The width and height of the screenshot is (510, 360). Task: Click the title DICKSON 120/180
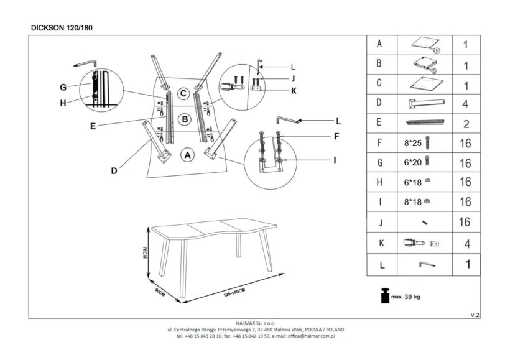click(62, 27)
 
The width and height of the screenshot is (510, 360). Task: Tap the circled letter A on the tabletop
click(187, 154)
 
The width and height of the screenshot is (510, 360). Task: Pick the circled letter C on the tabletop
click(183, 94)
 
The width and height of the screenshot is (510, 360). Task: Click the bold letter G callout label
click(63, 86)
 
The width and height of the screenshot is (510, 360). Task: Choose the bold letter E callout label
click(92, 126)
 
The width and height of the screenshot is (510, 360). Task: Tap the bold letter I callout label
click(334, 160)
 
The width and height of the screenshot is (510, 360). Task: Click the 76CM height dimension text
click(144, 254)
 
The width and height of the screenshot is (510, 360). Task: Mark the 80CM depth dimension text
click(160, 292)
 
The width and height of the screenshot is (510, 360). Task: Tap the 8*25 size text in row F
click(412, 143)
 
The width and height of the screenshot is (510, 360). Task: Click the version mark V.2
click(475, 315)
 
